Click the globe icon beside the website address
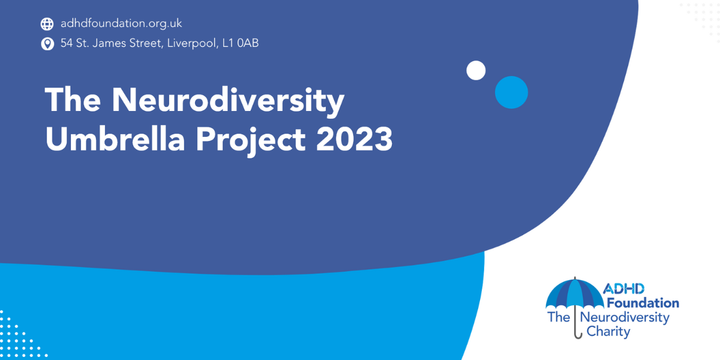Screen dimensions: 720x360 47,24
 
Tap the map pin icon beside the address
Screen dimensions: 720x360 47,44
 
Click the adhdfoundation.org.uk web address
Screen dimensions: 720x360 121,23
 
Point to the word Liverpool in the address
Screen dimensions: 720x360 193,43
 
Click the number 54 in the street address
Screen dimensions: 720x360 67,43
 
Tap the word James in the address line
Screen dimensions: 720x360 109,43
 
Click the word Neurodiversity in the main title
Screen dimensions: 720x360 228,101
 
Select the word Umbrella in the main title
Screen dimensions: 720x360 115,139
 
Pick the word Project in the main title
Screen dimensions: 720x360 250,140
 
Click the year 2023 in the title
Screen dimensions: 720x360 354,139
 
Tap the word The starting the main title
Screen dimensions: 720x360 73,100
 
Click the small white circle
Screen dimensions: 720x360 476,70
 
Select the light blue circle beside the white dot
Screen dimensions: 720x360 511,92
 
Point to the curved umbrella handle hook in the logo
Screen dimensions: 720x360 578,334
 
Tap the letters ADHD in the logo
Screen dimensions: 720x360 623,289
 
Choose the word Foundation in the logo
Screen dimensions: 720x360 643,303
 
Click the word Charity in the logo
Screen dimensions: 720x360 608,332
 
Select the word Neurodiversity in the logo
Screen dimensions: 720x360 625,318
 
